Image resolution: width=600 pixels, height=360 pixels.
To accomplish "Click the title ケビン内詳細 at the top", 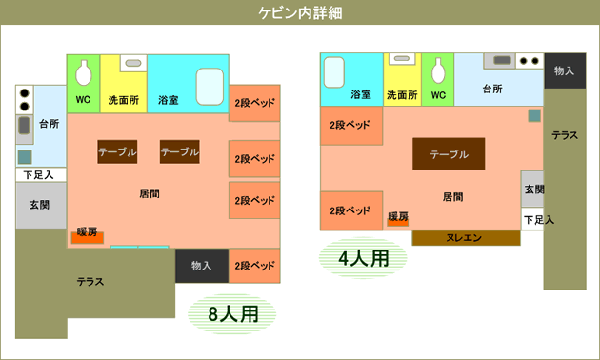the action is coord(300,13).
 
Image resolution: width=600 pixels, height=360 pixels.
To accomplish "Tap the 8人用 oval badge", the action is coord(231,314).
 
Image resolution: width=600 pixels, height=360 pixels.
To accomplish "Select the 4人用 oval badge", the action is coord(363,258).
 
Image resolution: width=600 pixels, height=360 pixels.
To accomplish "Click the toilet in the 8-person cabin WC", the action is coord(84,72).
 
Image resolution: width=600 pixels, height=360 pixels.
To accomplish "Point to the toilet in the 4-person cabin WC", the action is coord(438,70).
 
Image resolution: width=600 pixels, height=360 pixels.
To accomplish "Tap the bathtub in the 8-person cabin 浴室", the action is coord(210,87).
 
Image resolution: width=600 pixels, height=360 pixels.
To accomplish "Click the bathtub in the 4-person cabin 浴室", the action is coord(333,72).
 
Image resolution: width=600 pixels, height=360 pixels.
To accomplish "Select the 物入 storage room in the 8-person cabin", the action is coord(202,266).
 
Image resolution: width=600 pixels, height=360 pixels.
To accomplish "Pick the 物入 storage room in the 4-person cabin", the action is coord(565,70).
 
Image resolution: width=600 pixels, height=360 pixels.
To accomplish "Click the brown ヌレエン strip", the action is coord(466,238).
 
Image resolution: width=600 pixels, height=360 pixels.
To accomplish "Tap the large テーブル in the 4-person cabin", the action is coord(449,153).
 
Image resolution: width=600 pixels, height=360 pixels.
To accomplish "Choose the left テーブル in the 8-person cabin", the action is coord(117,151).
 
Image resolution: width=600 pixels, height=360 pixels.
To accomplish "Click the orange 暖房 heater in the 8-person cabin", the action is coord(88,237).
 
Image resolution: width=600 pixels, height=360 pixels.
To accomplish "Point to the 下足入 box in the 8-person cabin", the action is coord(41,175).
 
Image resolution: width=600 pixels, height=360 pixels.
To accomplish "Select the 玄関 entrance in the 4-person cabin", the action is coord(532,189).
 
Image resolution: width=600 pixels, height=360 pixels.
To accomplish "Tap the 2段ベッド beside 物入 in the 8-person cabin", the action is coord(254,266).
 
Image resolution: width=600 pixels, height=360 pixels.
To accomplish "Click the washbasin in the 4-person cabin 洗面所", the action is coord(402,59).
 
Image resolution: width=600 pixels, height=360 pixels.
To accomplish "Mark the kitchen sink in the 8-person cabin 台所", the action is coord(24,126).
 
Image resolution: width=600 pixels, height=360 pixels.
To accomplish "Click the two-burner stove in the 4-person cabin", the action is coord(530,61).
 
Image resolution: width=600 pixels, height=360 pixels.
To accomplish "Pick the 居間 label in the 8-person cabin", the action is coord(150,193).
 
